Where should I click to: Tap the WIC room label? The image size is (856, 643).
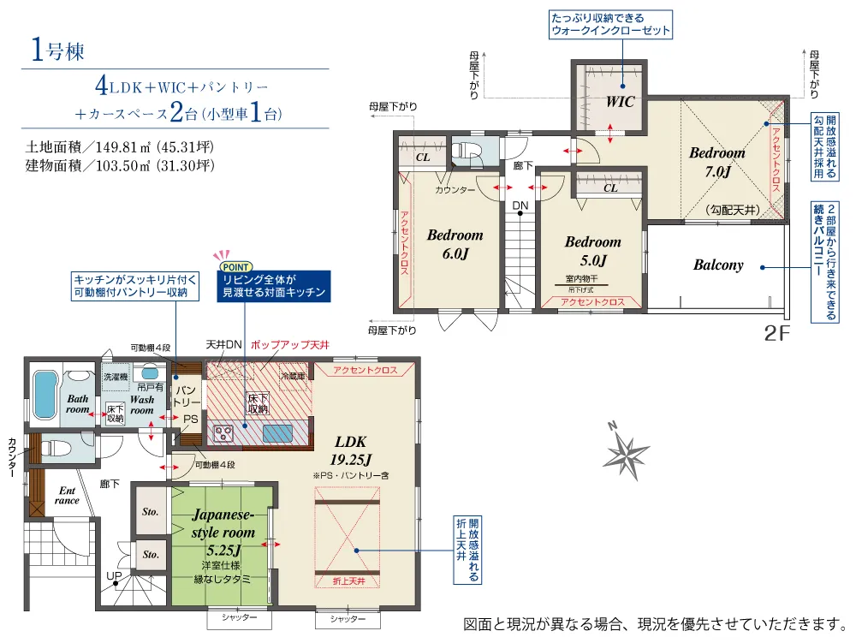point(620,102)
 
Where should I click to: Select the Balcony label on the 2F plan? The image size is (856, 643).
point(718,265)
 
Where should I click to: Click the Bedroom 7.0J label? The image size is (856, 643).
point(716,162)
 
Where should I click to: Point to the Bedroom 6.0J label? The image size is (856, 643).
point(455,244)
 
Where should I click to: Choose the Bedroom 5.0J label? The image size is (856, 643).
point(593,251)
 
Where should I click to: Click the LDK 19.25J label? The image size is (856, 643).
point(350,451)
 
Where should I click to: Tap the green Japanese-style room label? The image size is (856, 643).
point(223,533)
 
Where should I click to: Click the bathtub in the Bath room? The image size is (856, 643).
point(45,395)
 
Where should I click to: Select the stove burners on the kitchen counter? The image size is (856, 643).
point(223,433)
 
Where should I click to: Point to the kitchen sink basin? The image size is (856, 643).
point(278,433)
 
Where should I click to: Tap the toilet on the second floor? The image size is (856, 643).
point(465,152)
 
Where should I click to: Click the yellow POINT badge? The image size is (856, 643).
point(235,267)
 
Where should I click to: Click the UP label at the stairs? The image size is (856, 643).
point(114,576)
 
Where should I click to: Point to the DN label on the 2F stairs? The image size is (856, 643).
point(520,205)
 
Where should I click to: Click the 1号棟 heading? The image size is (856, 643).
point(57,51)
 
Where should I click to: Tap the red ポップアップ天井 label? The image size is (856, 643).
point(290,345)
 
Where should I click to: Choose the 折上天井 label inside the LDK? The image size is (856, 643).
point(349,581)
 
